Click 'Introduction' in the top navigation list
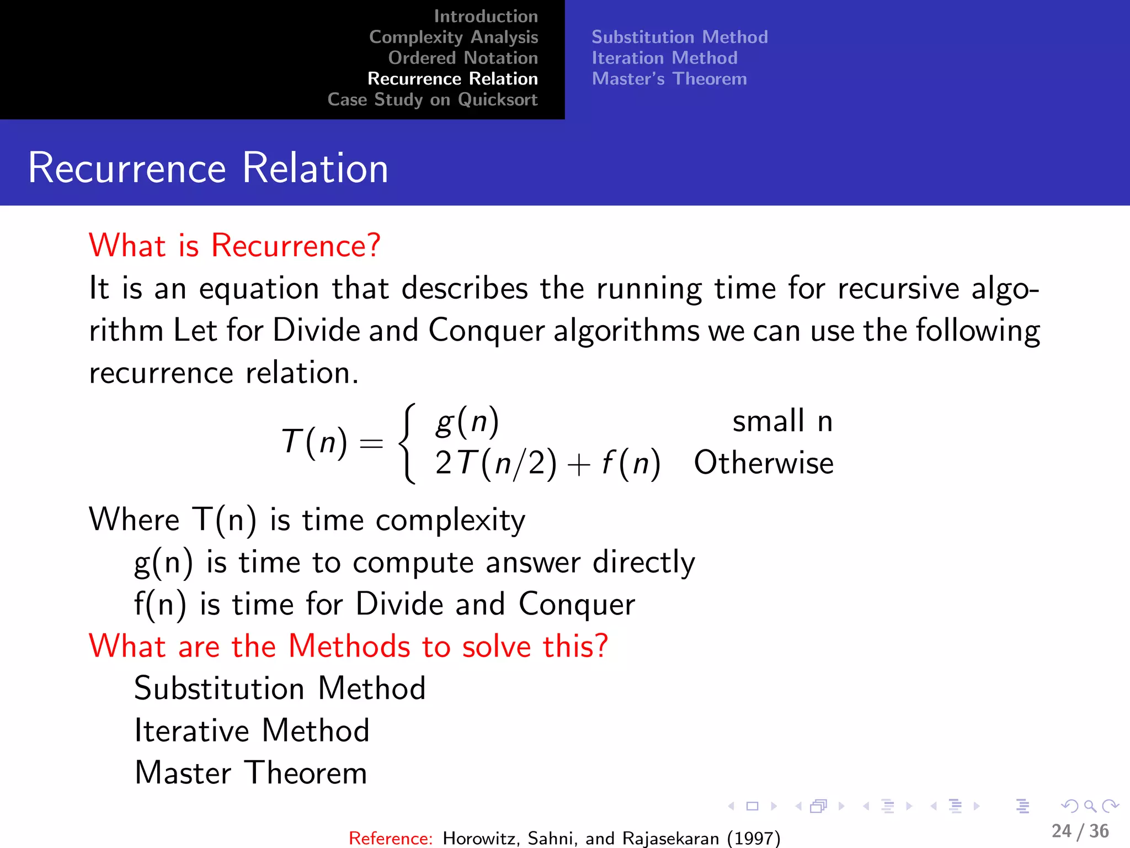point(486,17)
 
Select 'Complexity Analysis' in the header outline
point(453,37)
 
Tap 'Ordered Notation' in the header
point(462,58)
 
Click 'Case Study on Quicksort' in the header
point(432,100)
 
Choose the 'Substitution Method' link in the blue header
point(679,37)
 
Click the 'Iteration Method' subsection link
point(664,58)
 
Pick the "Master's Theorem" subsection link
point(669,79)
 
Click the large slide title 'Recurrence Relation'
point(208,168)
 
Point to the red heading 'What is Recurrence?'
point(234,245)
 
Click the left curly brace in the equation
point(407,443)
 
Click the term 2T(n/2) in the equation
point(495,463)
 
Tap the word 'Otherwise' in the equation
point(763,463)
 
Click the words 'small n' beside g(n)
point(782,421)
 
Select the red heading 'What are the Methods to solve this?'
point(348,646)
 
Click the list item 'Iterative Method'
point(252,730)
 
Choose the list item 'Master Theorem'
point(250,772)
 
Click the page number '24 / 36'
point(1080,831)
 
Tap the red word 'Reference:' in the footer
point(391,838)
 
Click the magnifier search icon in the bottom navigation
point(1090,806)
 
